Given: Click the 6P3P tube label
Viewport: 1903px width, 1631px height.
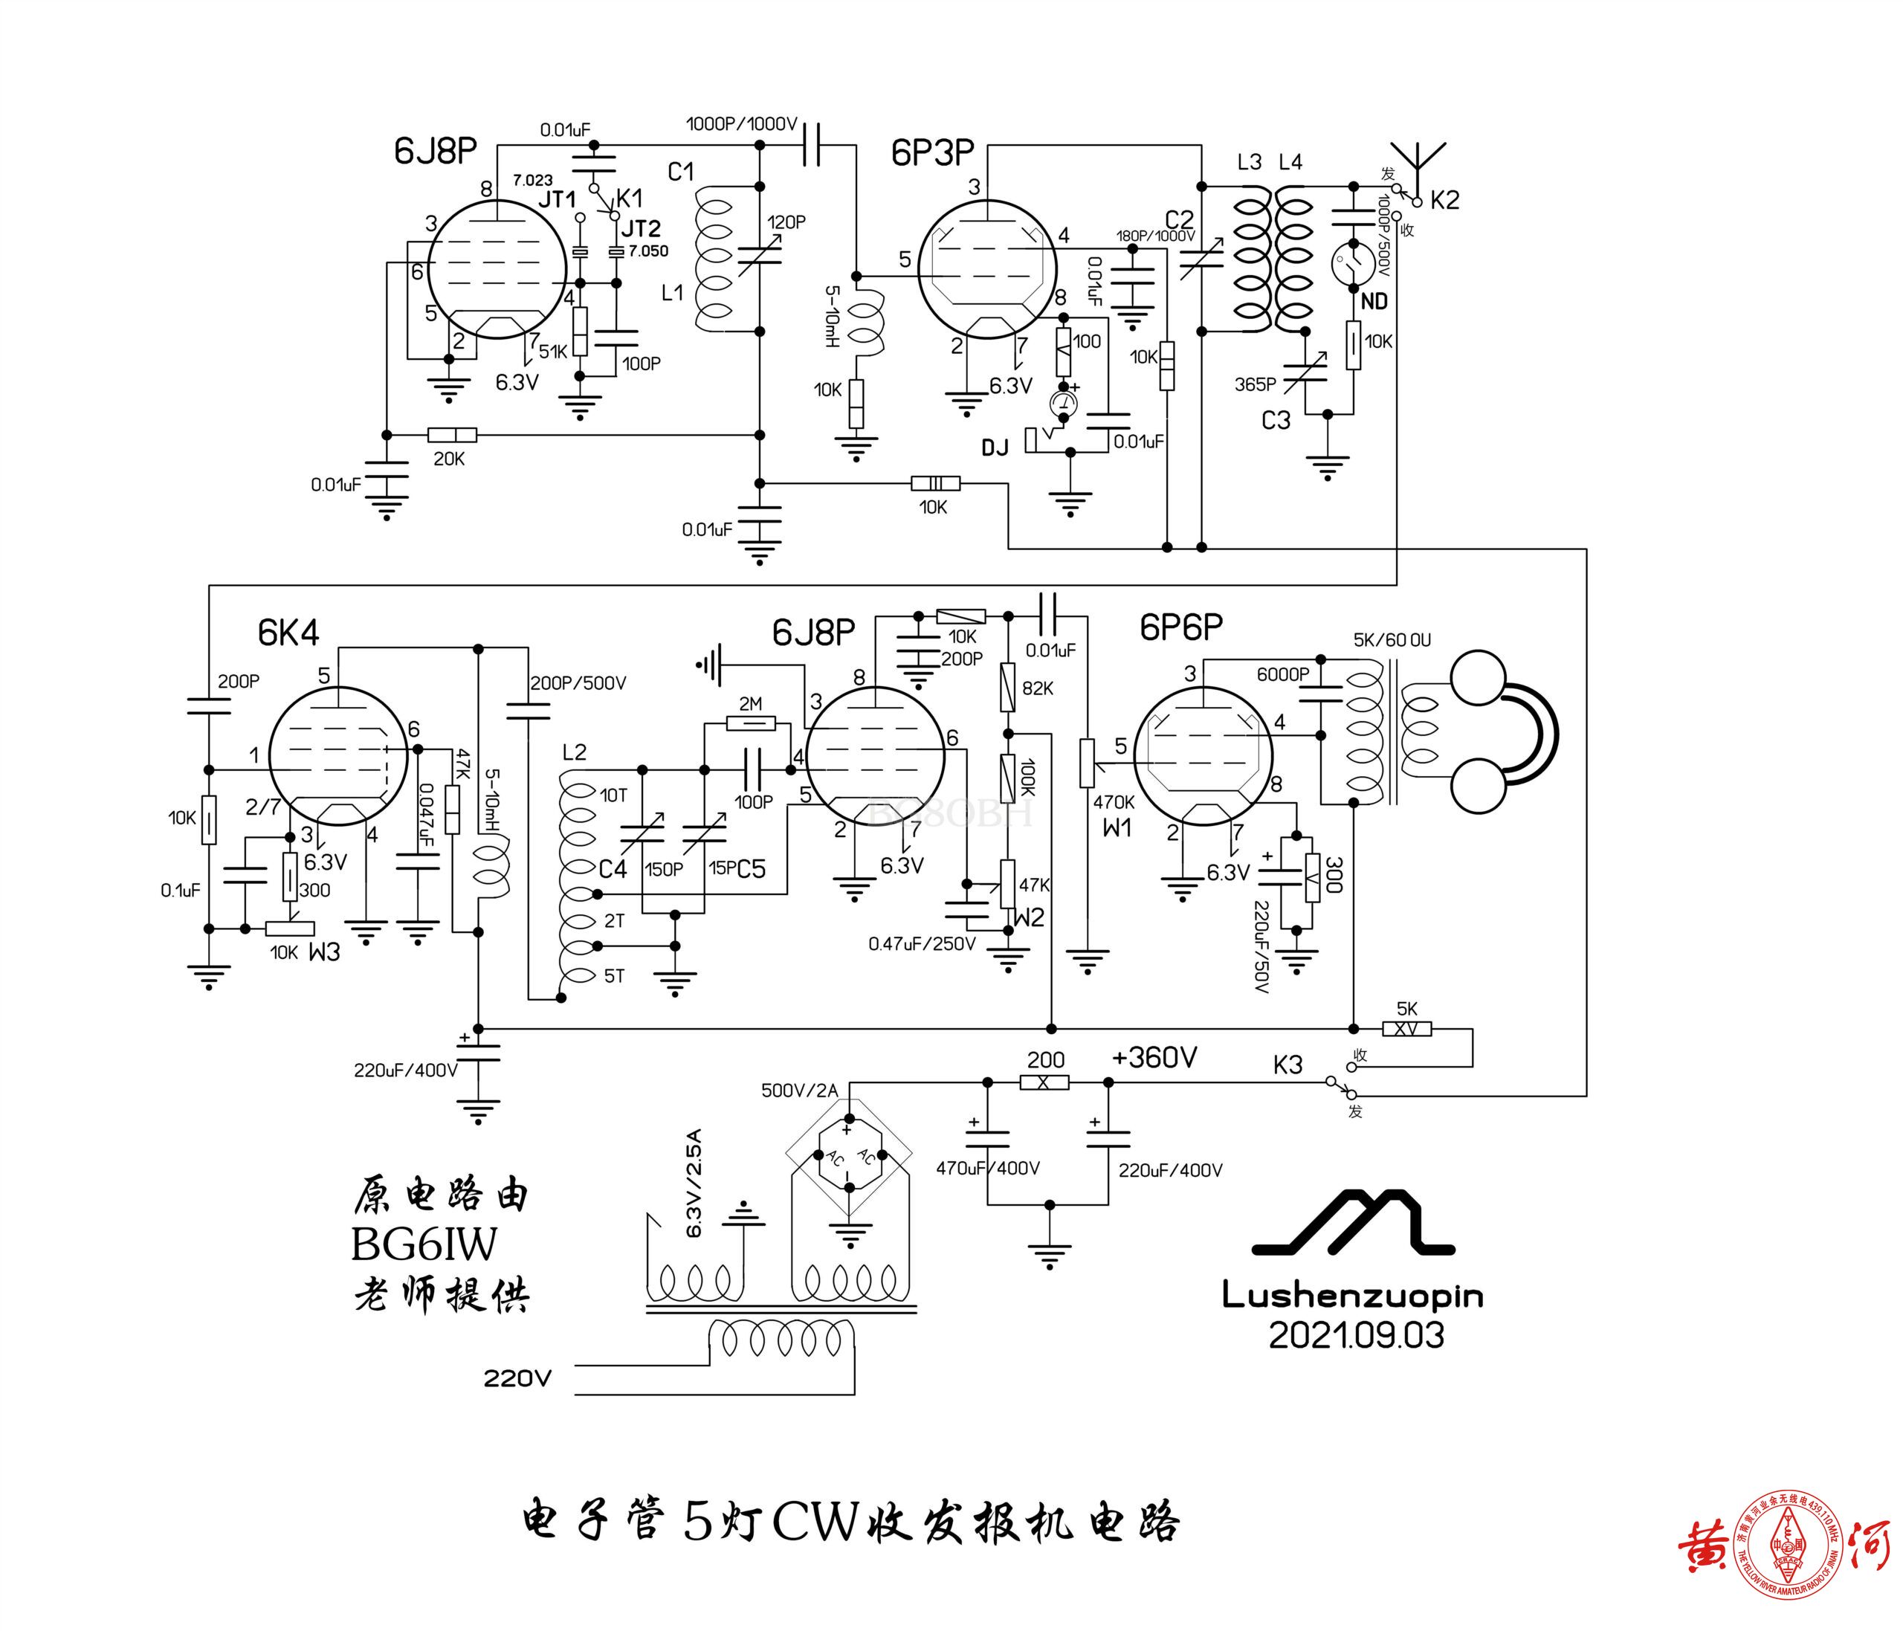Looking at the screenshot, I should [x=931, y=153].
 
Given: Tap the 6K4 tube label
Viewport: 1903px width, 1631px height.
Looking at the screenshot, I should [x=288, y=633].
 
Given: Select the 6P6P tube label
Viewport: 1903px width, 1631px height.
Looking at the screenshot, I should [x=1181, y=627].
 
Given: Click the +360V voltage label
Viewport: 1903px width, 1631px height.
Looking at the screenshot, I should [x=1154, y=1058].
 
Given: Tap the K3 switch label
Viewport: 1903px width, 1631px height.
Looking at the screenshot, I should [x=1287, y=1065].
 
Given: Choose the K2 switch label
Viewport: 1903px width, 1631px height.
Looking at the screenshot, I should [x=1444, y=199].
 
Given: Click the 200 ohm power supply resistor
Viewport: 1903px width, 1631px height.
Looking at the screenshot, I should [x=1044, y=1082].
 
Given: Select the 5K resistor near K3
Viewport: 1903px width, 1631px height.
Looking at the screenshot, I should [x=1406, y=1030].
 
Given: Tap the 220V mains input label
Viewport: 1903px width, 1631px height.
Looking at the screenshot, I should [x=518, y=1378].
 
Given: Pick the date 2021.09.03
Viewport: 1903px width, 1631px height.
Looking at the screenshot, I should [x=1356, y=1335].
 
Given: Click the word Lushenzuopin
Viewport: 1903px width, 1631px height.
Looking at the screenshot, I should [x=1352, y=1296].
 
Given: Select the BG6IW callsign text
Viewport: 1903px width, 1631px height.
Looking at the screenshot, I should [x=424, y=1245].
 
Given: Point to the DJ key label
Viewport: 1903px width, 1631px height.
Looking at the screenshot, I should [x=995, y=448].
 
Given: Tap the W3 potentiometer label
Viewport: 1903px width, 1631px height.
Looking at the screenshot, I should [x=324, y=952].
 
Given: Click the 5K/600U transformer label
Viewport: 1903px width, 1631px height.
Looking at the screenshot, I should [x=1392, y=640].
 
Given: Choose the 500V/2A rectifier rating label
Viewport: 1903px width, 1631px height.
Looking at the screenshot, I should [x=799, y=1090].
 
